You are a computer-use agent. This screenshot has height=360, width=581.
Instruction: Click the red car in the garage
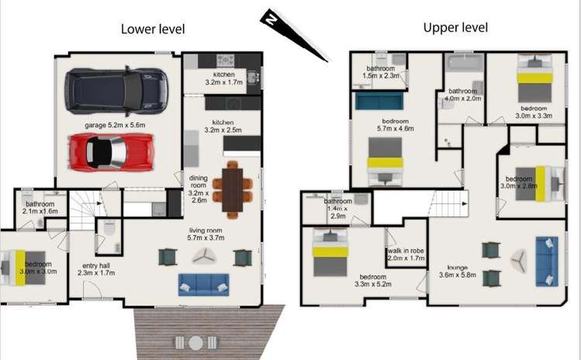click(x=111, y=152)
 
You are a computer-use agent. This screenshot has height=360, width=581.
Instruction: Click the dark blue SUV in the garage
click(x=116, y=91)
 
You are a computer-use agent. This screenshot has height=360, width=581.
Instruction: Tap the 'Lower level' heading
click(x=153, y=29)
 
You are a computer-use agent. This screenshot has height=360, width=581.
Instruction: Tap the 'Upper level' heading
click(x=455, y=27)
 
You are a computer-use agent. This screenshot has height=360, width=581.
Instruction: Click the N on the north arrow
click(x=272, y=19)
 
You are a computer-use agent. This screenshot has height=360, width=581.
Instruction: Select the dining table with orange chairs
click(x=233, y=190)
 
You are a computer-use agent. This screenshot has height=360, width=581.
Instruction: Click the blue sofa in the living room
click(x=203, y=285)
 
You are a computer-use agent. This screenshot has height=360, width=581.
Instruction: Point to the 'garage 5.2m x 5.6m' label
click(x=115, y=125)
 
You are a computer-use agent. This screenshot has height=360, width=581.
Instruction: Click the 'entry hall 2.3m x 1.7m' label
click(x=96, y=269)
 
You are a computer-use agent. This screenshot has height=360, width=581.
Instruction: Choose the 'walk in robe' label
click(x=406, y=251)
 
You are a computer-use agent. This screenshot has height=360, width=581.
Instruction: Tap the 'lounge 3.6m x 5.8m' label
click(x=458, y=272)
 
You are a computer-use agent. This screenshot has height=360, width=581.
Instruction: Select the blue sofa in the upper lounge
click(x=547, y=261)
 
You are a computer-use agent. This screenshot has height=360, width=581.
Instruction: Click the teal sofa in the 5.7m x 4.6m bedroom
click(x=379, y=101)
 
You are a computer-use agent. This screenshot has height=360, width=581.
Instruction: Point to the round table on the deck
click(x=195, y=343)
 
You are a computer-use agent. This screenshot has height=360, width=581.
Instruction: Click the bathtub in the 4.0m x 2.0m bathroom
click(x=465, y=63)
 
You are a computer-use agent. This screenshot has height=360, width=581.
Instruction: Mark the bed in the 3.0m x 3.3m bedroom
click(x=534, y=78)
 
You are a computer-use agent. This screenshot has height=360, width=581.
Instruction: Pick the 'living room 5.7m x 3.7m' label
click(x=206, y=234)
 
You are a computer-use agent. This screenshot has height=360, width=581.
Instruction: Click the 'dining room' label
click(x=199, y=182)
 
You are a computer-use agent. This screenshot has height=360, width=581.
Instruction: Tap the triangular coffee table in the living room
click(x=204, y=256)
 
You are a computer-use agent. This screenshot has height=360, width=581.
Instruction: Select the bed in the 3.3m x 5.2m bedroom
click(x=330, y=252)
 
